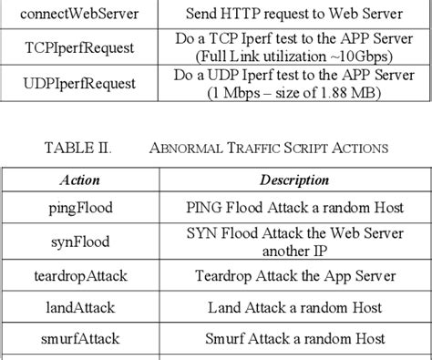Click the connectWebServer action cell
pyautogui.click(x=79, y=14)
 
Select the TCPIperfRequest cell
pyautogui.click(x=79, y=48)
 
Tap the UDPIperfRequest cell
pyautogui.click(x=79, y=84)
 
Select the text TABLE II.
pyautogui.click(x=78, y=148)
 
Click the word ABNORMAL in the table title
pyautogui.click(x=185, y=149)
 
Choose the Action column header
pyautogui.click(x=80, y=180)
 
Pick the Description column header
pyautogui.click(x=294, y=180)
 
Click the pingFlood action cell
pyautogui.click(x=80, y=208)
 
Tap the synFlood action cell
pyautogui.click(x=80, y=242)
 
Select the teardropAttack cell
pyautogui.click(x=80, y=276)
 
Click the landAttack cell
pyautogui.click(x=80, y=307)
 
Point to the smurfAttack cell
pyautogui.click(x=80, y=339)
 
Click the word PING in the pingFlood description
pyautogui.click(x=204, y=208)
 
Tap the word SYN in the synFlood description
pyautogui.click(x=201, y=233)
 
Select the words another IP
pyautogui.click(x=294, y=252)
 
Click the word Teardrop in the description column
pyautogui.click(x=223, y=276)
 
